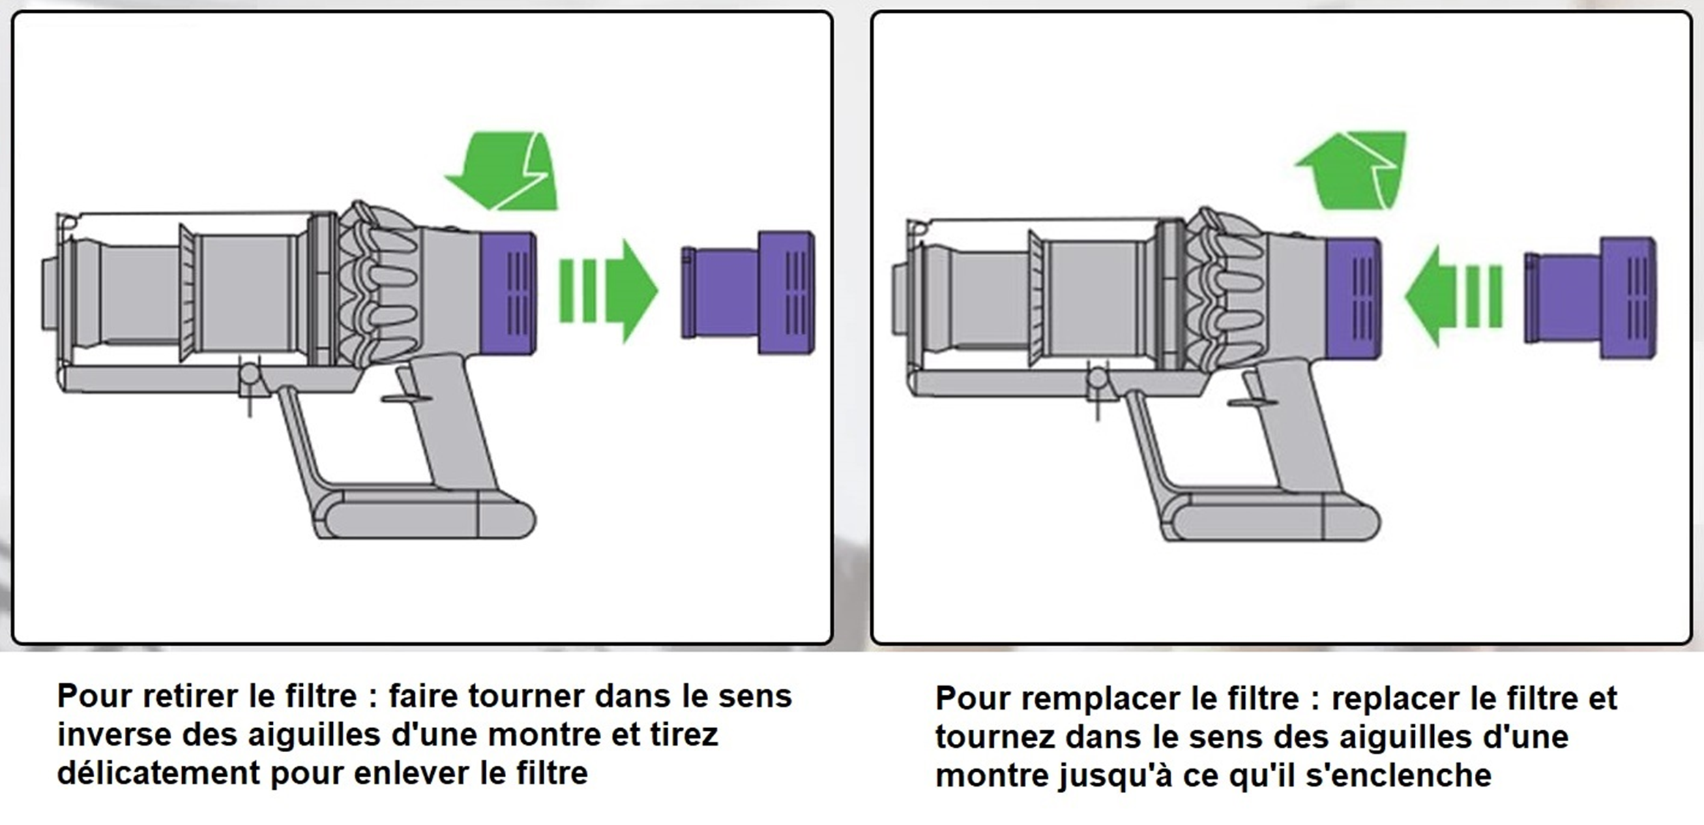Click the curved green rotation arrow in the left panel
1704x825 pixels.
click(x=502, y=170)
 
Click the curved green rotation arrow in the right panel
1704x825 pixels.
click(x=1351, y=170)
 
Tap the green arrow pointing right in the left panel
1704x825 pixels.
click(x=608, y=290)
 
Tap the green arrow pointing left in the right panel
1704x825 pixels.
click(x=1453, y=297)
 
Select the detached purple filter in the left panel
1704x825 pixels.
click(x=748, y=292)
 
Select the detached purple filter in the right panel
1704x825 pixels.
click(x=1591, y=298)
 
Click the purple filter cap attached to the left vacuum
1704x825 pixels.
click(x=508, y=294)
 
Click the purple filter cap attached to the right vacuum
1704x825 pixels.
click(x=1354, y=298)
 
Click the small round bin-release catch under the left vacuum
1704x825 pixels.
click(x=249, y=374)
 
